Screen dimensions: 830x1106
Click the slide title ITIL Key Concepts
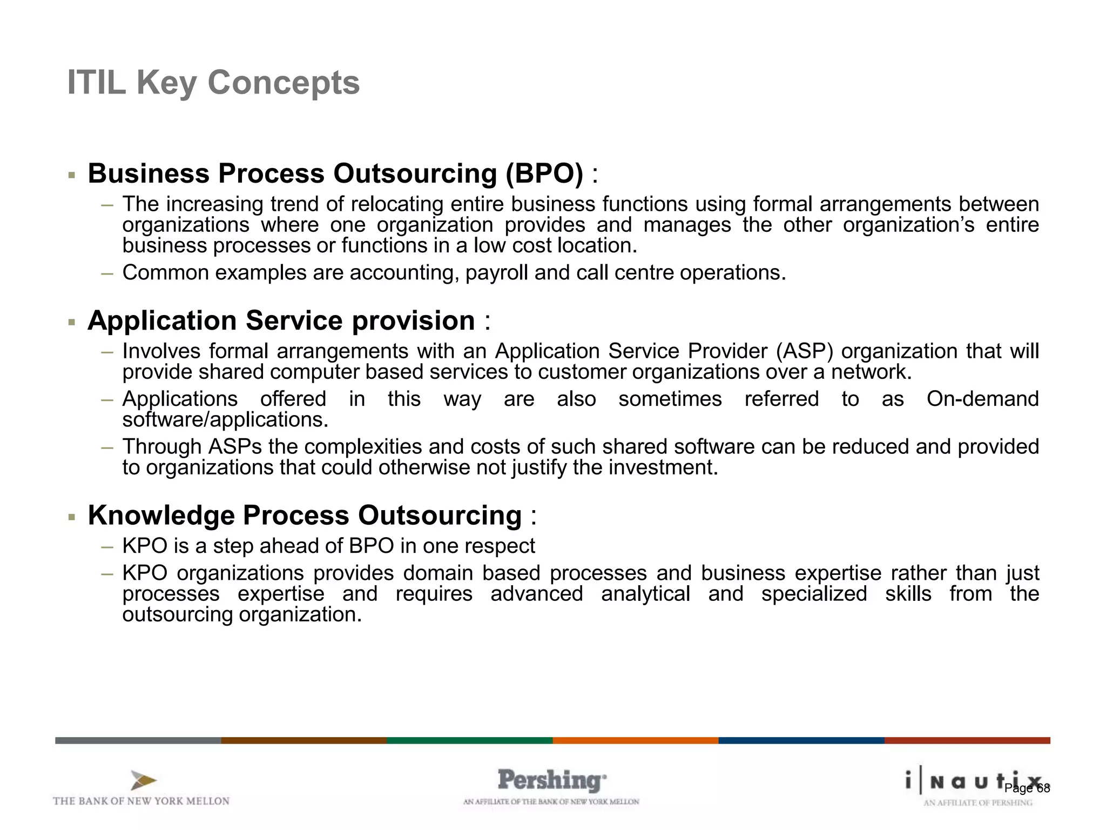213,83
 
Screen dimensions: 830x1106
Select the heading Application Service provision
281,320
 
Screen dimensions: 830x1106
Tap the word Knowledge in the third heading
161,515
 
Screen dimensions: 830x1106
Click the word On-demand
982,399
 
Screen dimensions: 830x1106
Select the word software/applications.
225,420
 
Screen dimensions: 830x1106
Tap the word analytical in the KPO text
645,594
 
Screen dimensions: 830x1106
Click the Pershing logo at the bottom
551,781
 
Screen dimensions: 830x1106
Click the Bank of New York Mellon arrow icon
143,781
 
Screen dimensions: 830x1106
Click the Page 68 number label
1027,788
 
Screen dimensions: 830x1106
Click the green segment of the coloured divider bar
469,740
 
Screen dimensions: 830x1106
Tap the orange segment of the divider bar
635,740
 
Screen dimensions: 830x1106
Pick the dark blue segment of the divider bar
801,740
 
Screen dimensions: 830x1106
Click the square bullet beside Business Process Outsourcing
71,175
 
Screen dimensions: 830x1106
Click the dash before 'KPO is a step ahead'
107,546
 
